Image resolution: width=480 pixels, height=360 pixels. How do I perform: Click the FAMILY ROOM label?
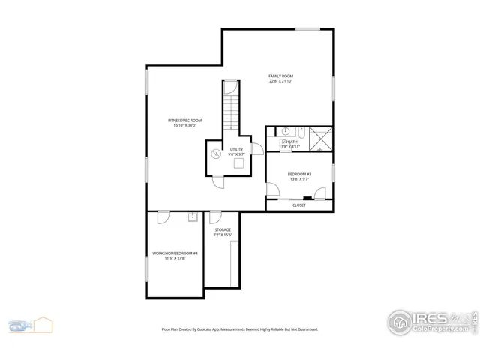[281, 76]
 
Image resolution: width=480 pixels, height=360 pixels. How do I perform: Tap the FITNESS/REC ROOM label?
[184, 120]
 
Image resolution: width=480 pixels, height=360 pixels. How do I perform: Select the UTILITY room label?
[237, 149]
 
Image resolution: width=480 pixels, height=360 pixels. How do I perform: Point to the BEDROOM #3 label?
[299, 175]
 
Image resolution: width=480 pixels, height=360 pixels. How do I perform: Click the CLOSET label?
[298, 205]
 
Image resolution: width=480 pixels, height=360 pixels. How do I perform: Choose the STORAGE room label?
[223, 229]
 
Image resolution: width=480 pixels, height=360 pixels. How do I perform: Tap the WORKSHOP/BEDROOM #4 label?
[175, 253]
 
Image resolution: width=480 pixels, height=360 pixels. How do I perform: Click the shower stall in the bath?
[320, 139]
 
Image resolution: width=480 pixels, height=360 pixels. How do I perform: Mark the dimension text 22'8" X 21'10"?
[281, 82]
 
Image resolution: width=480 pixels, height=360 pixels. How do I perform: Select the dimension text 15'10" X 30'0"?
[184, 126]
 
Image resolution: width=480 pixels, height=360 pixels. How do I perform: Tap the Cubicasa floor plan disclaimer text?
[240, 328]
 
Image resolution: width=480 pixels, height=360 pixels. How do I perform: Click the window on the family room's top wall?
[307, 29]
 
